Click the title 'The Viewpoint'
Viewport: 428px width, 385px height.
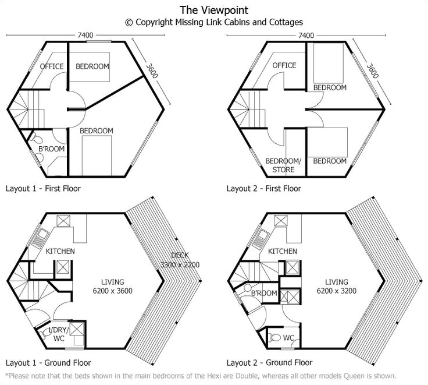click(214, 10)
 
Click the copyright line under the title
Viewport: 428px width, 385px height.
click(214, 22)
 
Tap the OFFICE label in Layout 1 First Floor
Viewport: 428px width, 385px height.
click(52, 66)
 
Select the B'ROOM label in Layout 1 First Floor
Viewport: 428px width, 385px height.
click(51, 149)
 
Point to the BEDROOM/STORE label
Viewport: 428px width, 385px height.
click(283, 165)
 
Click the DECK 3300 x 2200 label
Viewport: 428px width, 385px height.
click(180, 260)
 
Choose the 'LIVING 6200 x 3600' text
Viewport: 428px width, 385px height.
click(112, 287)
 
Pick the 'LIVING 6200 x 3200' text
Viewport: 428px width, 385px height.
click(337, 287)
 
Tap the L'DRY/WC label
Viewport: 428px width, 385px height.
click(59, 334)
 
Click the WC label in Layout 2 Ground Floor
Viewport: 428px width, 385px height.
click(288, 338)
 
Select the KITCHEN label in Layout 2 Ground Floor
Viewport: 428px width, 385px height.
click(283, 251)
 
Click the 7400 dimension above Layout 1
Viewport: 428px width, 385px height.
click(85, 36)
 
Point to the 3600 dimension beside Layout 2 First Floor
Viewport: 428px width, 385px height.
click(372, 71)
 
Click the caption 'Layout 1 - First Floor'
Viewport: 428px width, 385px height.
click(43, 188)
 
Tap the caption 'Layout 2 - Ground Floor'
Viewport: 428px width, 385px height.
click(269, 363)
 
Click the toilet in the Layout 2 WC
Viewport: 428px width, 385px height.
click(275, 338)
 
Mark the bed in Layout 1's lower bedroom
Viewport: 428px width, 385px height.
click(97, 156)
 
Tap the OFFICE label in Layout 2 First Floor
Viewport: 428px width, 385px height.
click(284, 65)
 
